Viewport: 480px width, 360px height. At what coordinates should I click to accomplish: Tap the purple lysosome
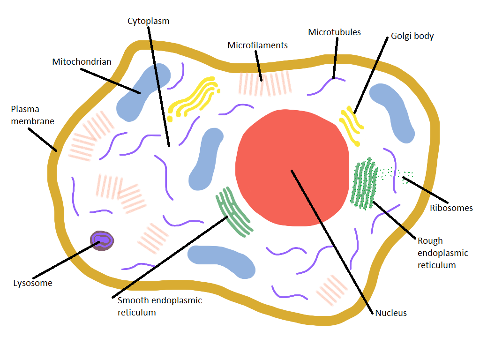pyautogui.click(x=102, y=240)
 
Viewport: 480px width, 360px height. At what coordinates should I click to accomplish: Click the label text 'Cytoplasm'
pyautogui.click(x=149, y=21)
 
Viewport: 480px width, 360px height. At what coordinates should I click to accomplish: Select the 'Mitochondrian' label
pyautogui.click(x=82, y=61)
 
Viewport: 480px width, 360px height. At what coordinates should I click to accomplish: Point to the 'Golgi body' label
pyautogui.click(x=412, y=36)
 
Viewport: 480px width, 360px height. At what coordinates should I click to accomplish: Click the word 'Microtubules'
pyautogui.click(x=334, y=32)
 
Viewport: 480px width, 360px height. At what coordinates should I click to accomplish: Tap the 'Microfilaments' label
pyautogui.click(x=257, y=45)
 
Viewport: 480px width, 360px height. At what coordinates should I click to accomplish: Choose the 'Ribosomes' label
pyautogui.click(x=451, y=208)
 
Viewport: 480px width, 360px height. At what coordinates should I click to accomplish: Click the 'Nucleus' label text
pyautogui.click(x=391, y=313)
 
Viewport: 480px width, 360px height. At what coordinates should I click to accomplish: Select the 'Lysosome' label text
pyautogui.click(x=32, y=283)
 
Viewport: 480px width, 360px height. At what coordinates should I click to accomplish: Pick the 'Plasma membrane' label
pyautogui.click(x=32, y=115)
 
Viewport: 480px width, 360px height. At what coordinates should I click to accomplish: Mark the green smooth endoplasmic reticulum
pyautogui.click(x=233, y=211)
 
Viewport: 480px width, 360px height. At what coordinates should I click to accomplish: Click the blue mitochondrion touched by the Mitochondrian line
pyautogui.click(x=143, y=91)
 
